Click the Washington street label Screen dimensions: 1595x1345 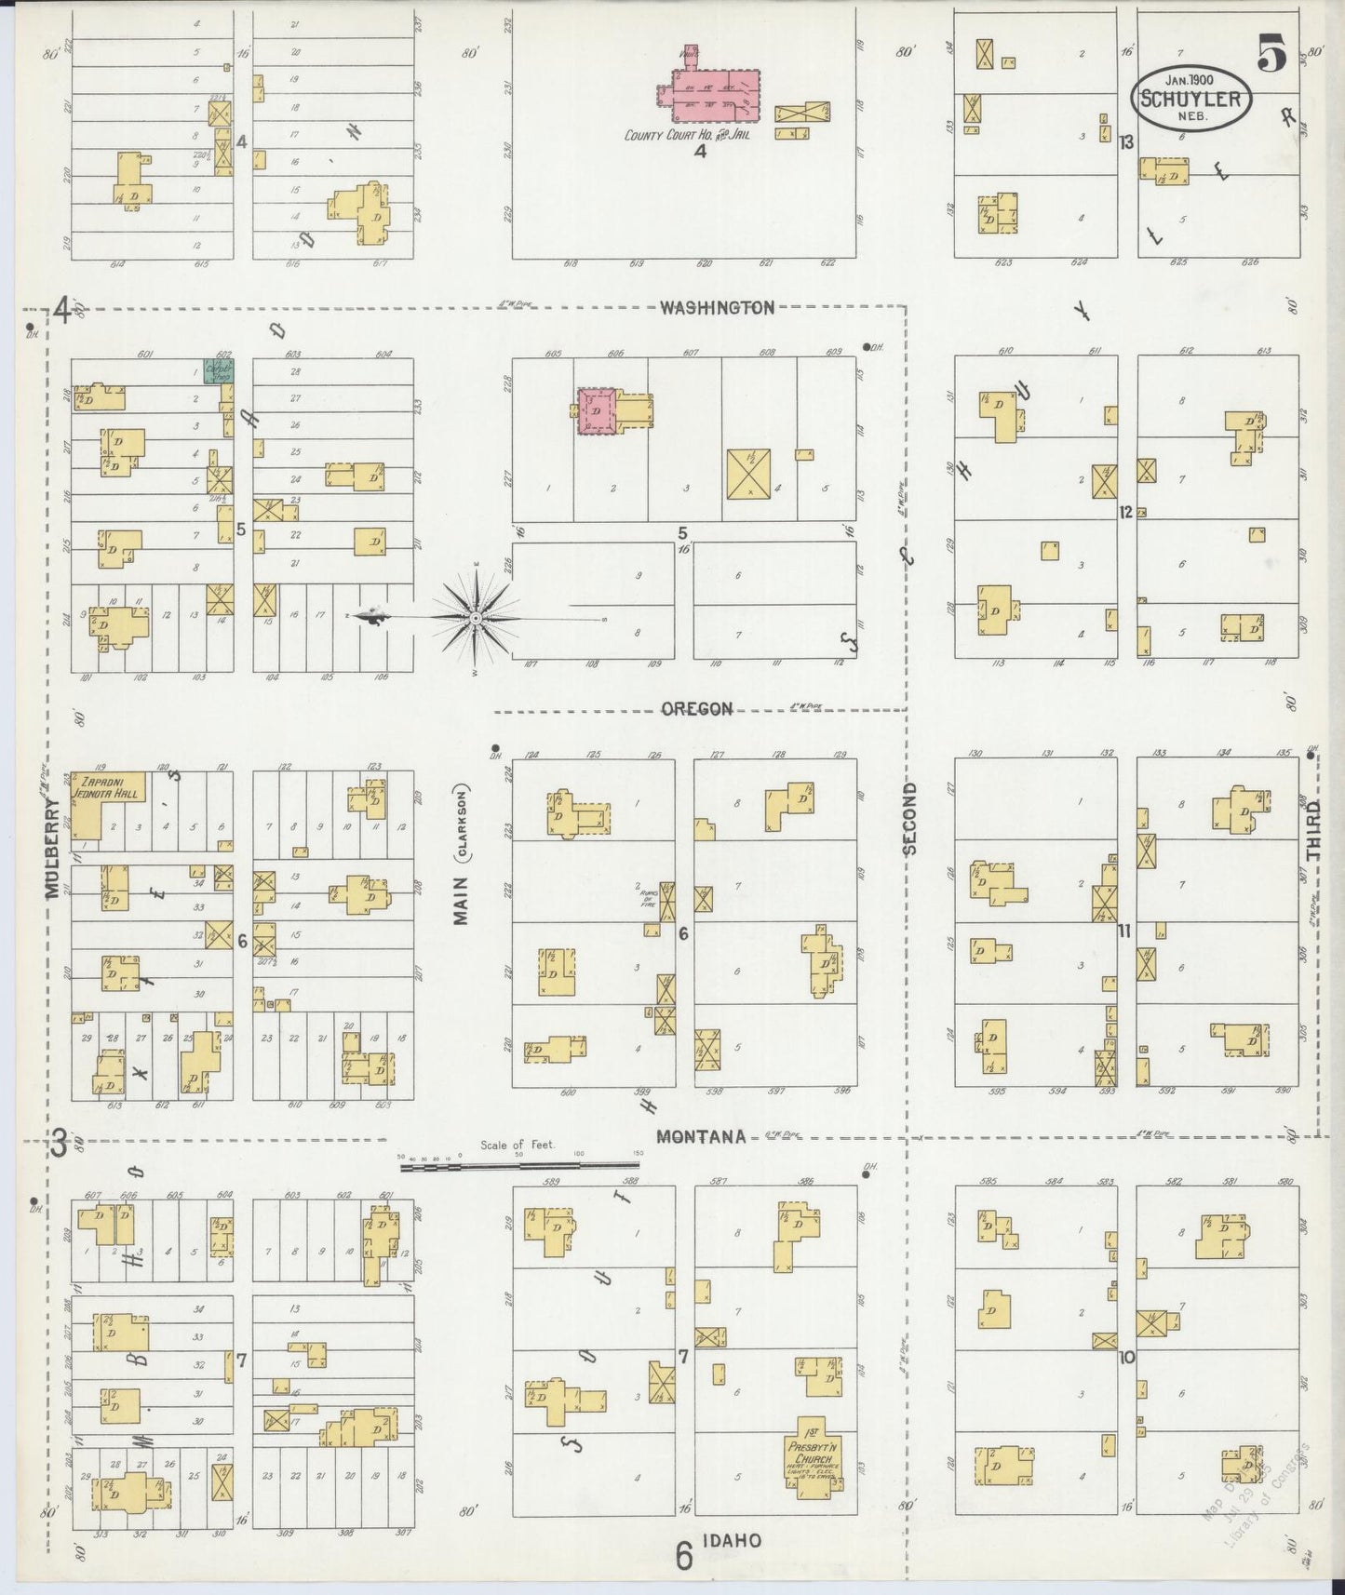pos(717,307)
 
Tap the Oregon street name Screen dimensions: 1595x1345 pos(697,709)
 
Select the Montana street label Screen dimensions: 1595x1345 pos(701,1136)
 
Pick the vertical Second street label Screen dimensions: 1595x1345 pos(909,818)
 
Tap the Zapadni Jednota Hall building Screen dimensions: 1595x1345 pos(108,800)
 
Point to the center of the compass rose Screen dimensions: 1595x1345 pos(476,617)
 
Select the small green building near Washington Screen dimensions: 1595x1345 pos(220,370)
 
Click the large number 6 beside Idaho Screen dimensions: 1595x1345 pos(684,1556)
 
